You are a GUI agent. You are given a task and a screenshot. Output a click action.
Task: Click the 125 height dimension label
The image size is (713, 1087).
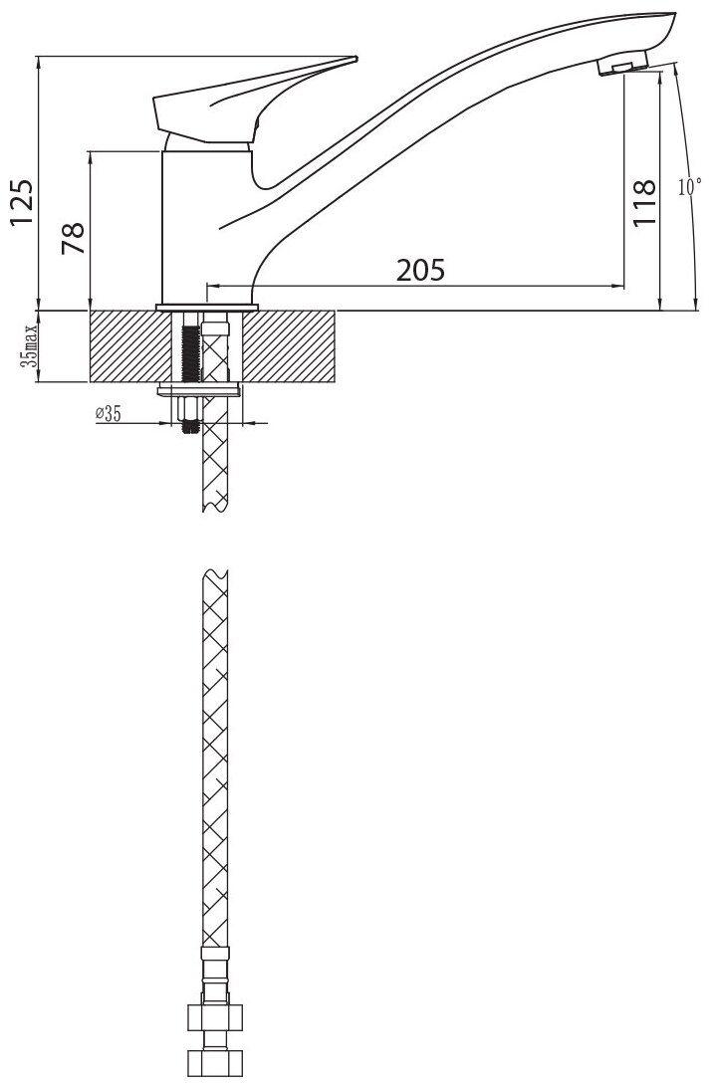point(21,202)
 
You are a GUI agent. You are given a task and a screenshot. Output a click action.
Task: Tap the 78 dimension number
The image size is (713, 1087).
point(73,238)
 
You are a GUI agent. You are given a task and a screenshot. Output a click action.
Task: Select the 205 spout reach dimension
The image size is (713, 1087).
point(420,270)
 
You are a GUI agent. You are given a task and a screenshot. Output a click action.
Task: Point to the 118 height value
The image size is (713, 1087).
point(644,202)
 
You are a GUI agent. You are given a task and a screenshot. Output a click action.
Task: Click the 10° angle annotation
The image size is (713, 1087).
point(689,186)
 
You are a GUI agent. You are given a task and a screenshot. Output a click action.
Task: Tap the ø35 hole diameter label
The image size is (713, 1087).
point(109,414)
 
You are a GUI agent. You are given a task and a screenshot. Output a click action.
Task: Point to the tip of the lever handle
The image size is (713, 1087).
point(356,59)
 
